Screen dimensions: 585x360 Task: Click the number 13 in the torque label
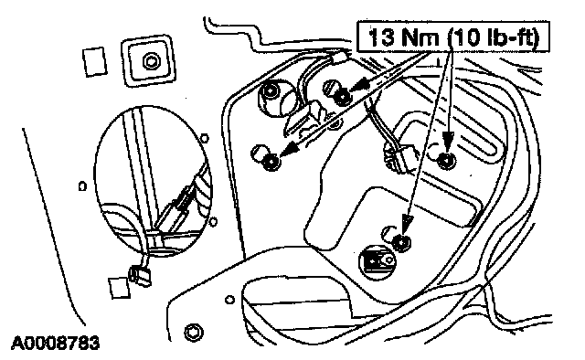[x=381, y=37]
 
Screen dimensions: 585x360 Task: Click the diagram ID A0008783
[x=56, y=343]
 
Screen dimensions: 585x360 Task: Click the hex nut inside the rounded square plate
[x=151, y=61]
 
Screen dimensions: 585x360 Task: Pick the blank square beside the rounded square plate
[x=94, y=62]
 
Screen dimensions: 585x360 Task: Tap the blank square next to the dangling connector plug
[x=119, y=288]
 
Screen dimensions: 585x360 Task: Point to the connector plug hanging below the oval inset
[x=140, y=277]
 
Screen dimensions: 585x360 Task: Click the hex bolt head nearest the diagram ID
[x=194, y=332]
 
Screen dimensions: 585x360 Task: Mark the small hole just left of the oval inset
[x=82, y=185]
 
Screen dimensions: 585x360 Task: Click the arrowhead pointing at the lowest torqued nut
[x=406, y=225]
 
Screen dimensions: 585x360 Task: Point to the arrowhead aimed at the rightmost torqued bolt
[x=448, y=142]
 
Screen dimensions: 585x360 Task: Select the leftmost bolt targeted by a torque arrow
[x=271, y=162]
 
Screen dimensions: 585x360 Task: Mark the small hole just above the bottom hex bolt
[x=230, y=300]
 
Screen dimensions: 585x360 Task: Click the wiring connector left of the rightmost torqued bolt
[x=399, y=158]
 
